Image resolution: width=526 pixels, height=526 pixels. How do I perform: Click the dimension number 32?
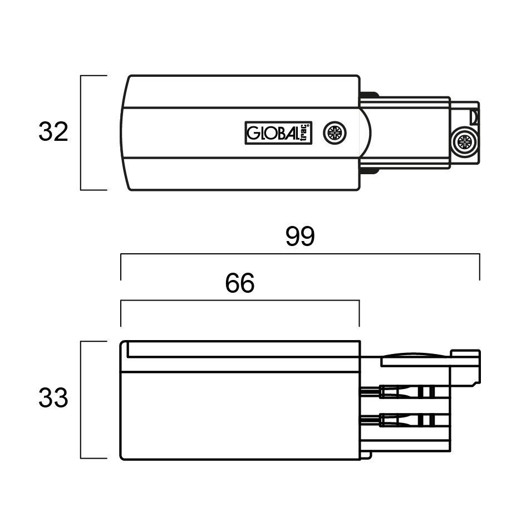[x=53, y=131]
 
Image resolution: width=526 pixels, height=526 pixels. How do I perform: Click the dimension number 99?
[x=300, y=236]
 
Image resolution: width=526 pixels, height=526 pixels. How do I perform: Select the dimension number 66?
[x=239, y=283]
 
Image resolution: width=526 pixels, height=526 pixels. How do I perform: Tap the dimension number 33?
[x=53, y=398]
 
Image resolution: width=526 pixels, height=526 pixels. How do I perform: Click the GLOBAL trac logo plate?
[x=278, y=133]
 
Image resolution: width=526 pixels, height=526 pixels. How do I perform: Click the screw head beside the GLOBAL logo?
[x=335, y=133]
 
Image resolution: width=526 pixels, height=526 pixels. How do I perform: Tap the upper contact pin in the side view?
[x=404, y=392]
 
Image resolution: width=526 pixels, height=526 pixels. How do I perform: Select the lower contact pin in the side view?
[x=404, y=420]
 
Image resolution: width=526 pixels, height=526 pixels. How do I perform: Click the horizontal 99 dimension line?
[x=300, y=254]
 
